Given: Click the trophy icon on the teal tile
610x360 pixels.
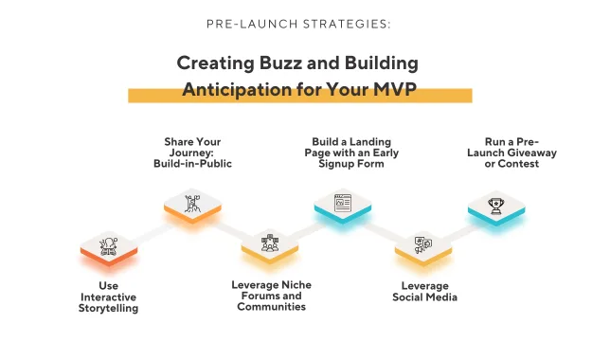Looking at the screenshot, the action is tap(496, 206).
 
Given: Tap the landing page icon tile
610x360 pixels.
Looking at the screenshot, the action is tap(343, 206).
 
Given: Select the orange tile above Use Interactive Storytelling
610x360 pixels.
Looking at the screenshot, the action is tap(109, 248).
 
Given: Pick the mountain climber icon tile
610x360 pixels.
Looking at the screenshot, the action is tap(192, 206).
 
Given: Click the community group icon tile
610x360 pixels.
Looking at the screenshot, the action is tap(270, 245).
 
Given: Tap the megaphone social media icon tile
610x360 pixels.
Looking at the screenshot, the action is tap(423, 246).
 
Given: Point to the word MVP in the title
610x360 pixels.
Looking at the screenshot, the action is tap(395, 89).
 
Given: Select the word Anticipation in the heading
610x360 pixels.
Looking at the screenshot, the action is tap(237, 89).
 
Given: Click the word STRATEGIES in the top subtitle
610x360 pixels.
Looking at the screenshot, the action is tap(347, 24).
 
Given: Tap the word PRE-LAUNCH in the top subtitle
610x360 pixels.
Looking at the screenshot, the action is tap(252, 24).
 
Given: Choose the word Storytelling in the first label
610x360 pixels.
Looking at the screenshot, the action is tap(108, 308).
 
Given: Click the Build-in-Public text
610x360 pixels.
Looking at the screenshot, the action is tap(192, 164).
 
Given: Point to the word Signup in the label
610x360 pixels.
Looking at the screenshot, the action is tap(335, 164).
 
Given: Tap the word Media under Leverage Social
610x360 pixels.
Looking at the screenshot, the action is tap(441, 297).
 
